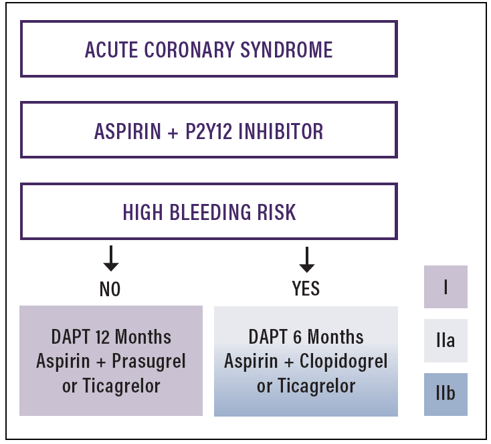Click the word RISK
(274, 212)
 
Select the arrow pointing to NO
(110, 258)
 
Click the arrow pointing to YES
(306, 258)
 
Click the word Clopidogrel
(345, 362)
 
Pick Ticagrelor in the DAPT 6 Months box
(316, 386)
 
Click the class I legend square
(446, 287)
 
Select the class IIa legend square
(446, 340)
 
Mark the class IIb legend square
(446, 394)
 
